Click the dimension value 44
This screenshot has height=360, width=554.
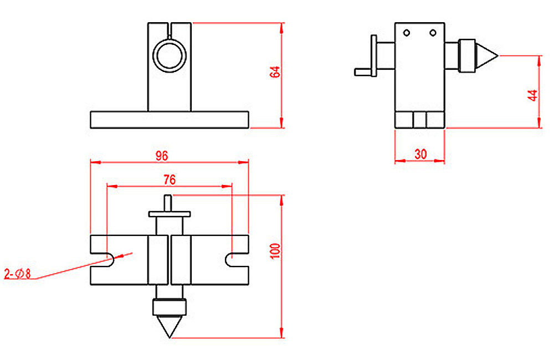pyautogui.click(x=533, y=95)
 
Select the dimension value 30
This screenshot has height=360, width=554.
pyautogui.click(x=420, y=155)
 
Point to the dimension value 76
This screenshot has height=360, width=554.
pyautogui.click(x=170, y=179)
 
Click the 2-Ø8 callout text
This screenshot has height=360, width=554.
pyautogui.click(x=19, y=273)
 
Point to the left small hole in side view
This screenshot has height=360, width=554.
pyautogui.click(x=407, y=33)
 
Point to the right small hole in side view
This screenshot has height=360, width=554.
pyautogui.click(x=433, y=33)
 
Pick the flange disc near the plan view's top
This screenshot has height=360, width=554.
pyautogui.click(x=170, y=213)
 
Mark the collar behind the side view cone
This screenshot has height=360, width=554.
pyautogui.click(x=469, y=55)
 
